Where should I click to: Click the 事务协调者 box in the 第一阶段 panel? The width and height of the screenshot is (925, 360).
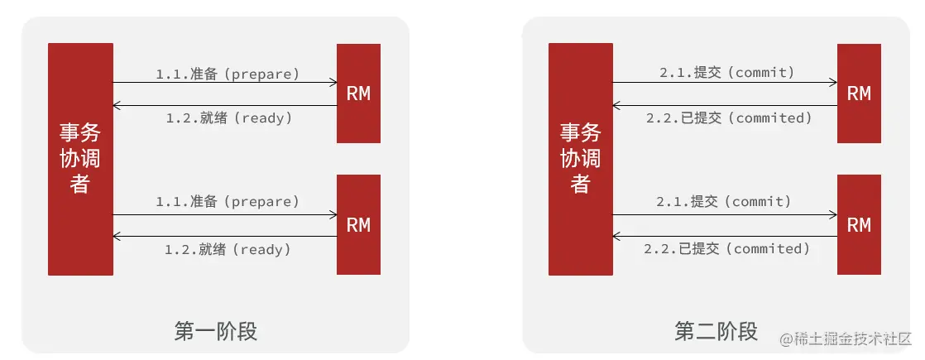(x=80, y=159)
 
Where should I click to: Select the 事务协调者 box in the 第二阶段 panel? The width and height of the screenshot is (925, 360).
(x=581, y=159)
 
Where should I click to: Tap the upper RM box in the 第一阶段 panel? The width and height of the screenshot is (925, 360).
(x=358, y=94)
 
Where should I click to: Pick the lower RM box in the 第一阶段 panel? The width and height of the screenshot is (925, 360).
(x=358, y=224)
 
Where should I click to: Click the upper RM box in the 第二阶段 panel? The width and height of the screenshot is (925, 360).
(x=859, y=94)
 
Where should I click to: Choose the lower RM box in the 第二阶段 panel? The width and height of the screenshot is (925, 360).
(x=859, y=224)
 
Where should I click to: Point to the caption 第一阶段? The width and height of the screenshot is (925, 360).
(x=216, y=332)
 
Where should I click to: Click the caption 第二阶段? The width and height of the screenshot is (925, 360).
(x=717, y=332)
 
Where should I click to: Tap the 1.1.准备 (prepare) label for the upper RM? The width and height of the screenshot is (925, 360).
(x=228, y=74)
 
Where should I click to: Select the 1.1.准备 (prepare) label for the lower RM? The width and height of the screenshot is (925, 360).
(x=228, y=201)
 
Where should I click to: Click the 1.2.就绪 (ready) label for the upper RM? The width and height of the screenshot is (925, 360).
(x=229, y=118)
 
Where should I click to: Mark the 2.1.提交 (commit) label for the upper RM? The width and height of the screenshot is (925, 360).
(x=727, y=73)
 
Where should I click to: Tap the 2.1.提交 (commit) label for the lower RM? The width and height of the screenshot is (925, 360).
(x=725, y=201)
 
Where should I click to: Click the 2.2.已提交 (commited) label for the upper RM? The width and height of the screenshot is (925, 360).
(x=729, y=118)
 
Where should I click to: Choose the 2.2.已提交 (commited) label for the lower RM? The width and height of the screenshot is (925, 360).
(x=726, y=248)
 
